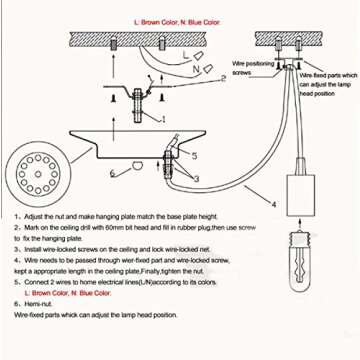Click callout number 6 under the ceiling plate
[x=111, y=173]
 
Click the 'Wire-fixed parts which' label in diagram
[x=325, y=75]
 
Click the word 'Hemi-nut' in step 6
[x=40, y=302]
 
